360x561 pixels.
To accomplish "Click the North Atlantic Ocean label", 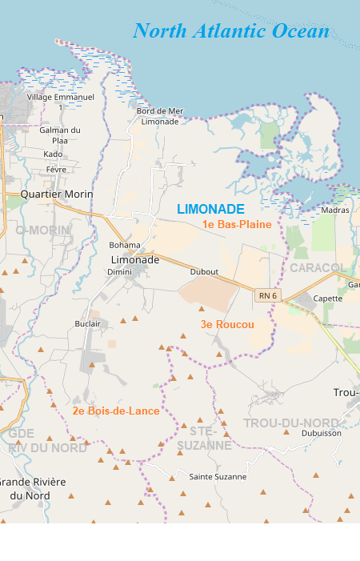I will pos(231,31).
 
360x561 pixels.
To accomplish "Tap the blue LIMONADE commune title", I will pos(210,209).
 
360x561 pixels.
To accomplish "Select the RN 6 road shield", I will pos(267,295).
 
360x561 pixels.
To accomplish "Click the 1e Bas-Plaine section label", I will pos(237,224).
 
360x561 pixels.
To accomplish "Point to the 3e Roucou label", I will pos(227,324).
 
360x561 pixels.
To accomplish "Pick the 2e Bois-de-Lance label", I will pos(116,411).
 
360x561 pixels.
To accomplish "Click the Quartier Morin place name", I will pos(57,194).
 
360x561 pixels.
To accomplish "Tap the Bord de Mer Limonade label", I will pos(160,116).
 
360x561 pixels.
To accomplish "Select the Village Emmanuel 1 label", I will pos(61,102).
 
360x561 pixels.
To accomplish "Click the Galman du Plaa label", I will pos(60,134).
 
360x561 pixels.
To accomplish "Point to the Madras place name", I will pos(334,210).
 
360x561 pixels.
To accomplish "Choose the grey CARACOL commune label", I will pos(317,266).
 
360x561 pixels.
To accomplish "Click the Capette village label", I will pos(328,299).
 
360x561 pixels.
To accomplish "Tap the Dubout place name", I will pos(204,272).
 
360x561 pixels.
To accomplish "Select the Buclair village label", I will pos(87,323).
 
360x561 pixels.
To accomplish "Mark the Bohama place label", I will pos(124,245).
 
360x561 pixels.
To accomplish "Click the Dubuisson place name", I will pos(321,433).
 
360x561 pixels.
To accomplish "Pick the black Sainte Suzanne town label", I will pos(218,476).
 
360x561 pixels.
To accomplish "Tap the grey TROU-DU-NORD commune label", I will pos(291,423).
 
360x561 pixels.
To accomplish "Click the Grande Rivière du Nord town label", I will pos(33,488).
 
